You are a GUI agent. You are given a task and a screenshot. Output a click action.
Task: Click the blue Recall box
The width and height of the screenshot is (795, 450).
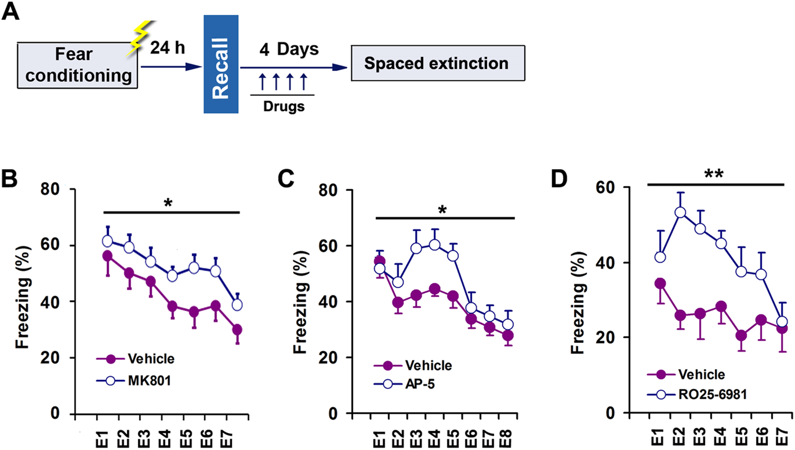pyautogui.click(x=221, y=64)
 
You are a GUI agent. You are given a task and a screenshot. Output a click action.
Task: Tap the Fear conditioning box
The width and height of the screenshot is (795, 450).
pyautogui.click(x=77, y=65)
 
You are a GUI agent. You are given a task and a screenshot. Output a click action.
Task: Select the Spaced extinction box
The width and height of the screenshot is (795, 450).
pyautogui.click(x=437, y=63)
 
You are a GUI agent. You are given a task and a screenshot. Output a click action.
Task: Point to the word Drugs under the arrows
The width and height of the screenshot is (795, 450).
pyautogui.click(x=283, y=106)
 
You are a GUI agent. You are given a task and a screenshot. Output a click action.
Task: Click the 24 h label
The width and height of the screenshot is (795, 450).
pyautogui.click(x=167, y=48)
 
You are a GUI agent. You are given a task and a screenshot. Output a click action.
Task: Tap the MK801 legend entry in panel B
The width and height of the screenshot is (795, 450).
pyautogui.click(x=149, y=381)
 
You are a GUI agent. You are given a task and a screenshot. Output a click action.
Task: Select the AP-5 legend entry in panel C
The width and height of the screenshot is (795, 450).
pyautogui.click(x=420, y=384)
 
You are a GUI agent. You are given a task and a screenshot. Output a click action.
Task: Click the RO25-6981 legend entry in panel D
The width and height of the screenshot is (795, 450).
pyautogui.click(x=712, y=395)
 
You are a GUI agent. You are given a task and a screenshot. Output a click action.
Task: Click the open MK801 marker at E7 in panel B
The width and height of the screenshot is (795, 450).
pyautogui.click(x=237, y=305)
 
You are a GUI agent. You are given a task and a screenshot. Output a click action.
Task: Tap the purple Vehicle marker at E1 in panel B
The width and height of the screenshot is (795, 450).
pyautogui.click(x=107, y=256)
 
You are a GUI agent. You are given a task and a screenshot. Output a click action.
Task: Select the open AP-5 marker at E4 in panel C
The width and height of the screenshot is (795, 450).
pyautogui.click(x=434, y=245)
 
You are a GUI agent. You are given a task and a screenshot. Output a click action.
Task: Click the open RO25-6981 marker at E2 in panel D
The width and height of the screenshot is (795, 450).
pyautogui.click(x=680, y=212)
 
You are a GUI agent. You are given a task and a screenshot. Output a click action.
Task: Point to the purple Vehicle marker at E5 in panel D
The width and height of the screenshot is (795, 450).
pyautogui.click(x=741, y=335)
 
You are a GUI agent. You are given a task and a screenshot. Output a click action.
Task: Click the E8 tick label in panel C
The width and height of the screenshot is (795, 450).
pyautogui.click(x=506, y=437)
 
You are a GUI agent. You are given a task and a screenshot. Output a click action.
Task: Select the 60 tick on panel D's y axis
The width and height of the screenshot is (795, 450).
pyautogui.click(x=605, y=187)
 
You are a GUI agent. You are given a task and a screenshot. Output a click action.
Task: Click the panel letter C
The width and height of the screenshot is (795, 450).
pyautogui.click(x=286, y=179)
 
